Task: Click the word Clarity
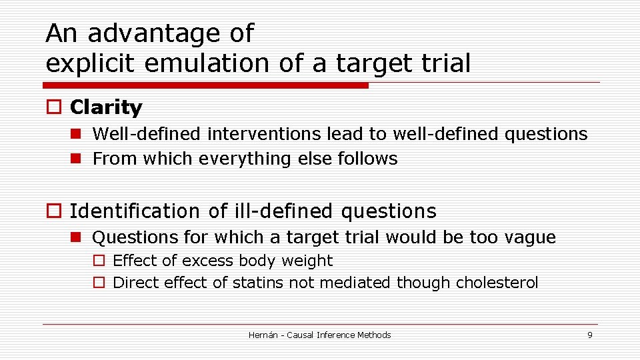(105, 107)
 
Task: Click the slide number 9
(589, 335)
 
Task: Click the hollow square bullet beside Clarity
(53, 108)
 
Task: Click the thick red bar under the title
(205, 85)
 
